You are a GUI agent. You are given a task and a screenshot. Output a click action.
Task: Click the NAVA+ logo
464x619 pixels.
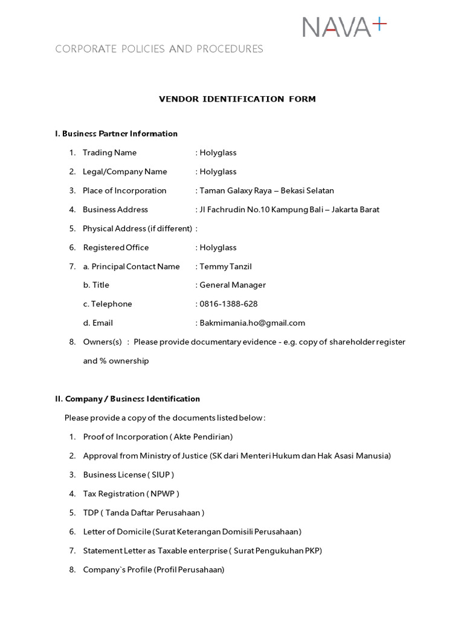pos(344,28)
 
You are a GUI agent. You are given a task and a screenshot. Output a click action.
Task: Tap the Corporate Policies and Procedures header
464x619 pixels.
pos(159,50)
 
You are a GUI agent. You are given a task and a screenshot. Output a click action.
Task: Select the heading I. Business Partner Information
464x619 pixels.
pos(117,134)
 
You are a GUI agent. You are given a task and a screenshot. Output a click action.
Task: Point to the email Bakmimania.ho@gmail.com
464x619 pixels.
pos(252,323)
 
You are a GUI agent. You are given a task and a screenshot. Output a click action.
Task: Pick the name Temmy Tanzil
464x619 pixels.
pos(225,267)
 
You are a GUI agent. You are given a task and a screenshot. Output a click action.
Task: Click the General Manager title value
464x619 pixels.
pos(233,285)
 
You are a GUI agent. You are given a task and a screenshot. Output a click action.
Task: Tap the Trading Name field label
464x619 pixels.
pos(110,153)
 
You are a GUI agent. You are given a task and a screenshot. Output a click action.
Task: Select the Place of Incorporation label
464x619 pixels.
pos(124,191)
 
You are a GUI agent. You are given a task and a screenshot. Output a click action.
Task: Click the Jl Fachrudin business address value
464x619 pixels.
pos(289,210)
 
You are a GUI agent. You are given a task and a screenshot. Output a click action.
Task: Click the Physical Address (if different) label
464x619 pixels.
pos(137,228)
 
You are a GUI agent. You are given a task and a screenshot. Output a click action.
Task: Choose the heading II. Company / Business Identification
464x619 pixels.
pos(127,399)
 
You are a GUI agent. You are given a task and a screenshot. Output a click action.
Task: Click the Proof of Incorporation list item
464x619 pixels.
pos(158,437)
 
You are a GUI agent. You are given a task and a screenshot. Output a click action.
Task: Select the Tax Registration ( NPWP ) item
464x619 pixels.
pos(131,494)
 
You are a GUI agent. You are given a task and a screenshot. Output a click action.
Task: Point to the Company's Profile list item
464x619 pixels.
pos(153,570)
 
